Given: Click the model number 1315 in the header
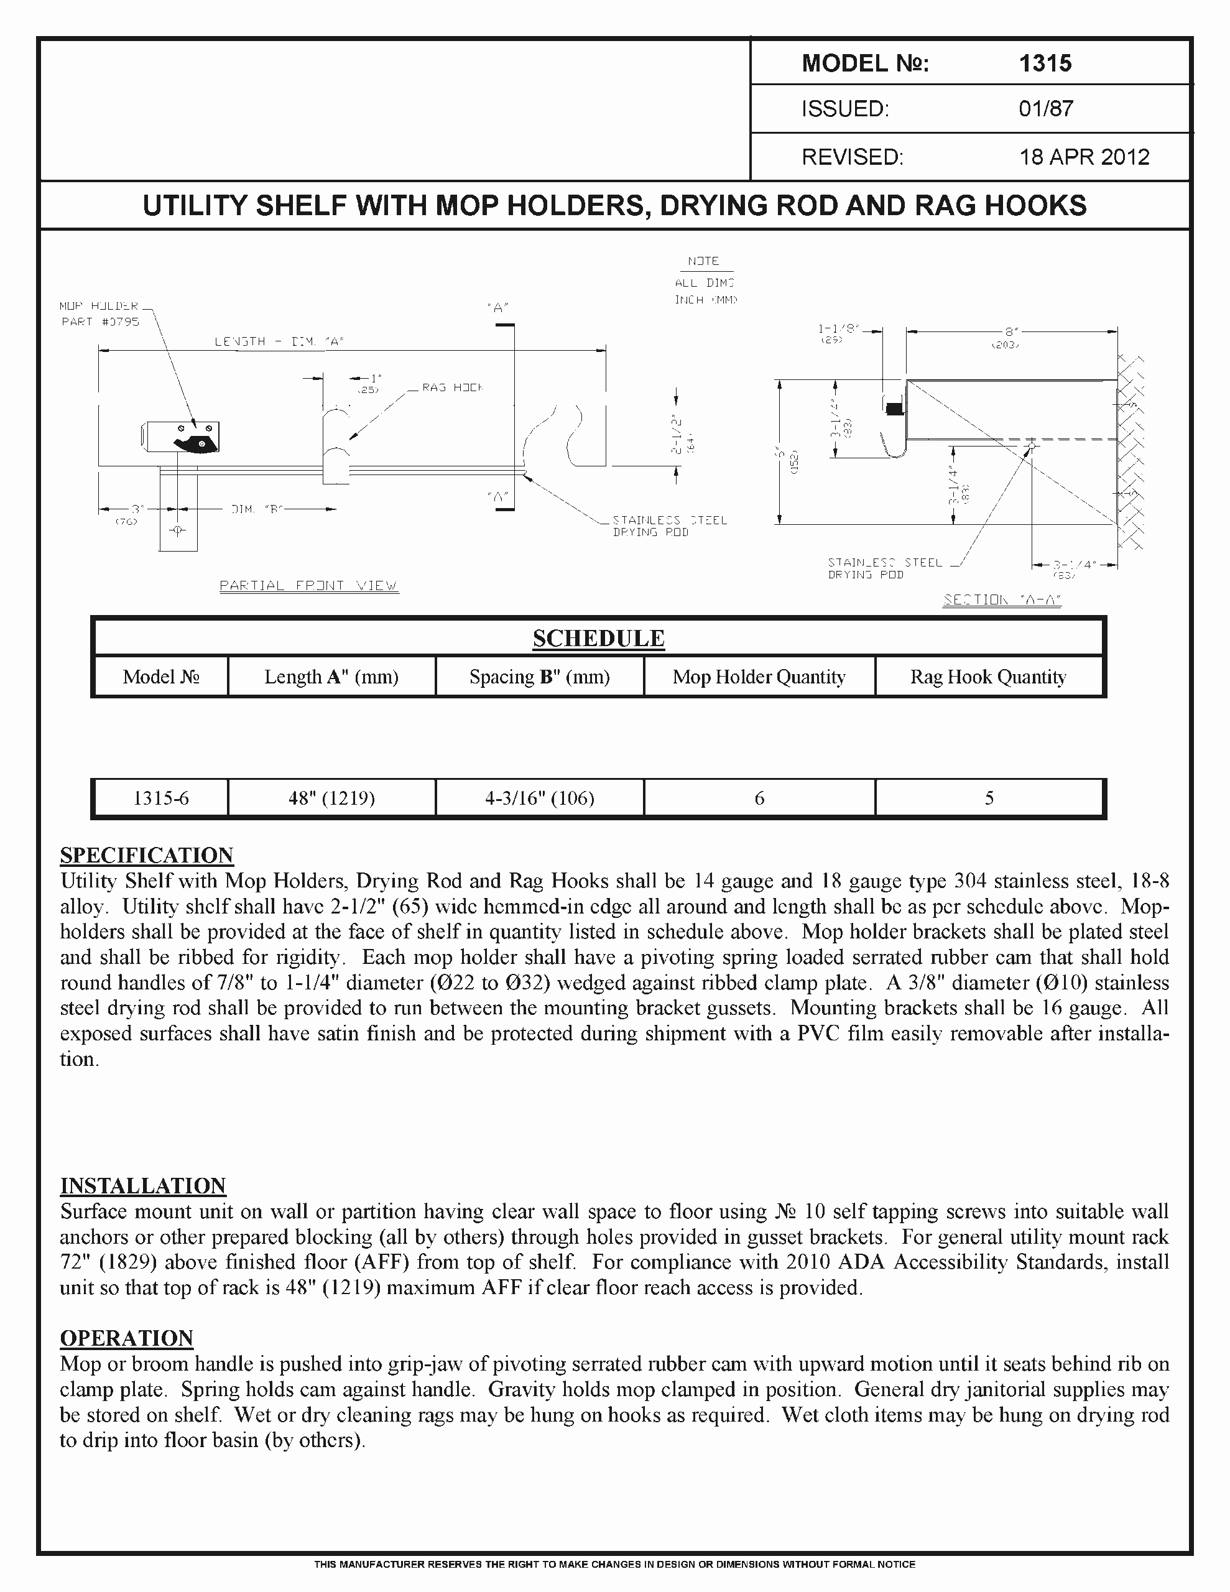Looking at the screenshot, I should (x=1045, y=63).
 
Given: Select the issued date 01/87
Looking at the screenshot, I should (x=1045, y=109).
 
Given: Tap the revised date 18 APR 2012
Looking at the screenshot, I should (x=1083, y=157).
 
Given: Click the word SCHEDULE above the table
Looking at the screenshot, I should (x=598, y=638).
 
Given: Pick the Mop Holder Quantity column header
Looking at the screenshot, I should (x=758, y=677).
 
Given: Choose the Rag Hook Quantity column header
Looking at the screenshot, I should (x=988, y=677).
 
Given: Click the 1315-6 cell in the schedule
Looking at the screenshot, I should (x=160, y=798).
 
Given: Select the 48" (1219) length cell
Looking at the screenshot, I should (x=331, y=798).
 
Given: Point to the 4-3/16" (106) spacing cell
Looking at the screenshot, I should (x=540, y=798).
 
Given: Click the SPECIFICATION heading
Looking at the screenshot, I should (x=147, y=855).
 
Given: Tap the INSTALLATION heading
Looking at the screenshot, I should (x=143, y=1186).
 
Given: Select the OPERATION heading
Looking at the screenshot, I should (x=126, y=1338).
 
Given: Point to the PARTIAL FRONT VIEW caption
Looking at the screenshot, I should (x=309, y=585).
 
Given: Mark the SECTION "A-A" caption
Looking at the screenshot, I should (x=1002, y=600).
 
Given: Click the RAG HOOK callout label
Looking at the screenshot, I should (x=452, y=388).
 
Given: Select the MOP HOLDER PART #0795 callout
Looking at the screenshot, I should (x=100, y=313).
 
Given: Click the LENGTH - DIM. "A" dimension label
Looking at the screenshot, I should (x=279, y=341).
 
